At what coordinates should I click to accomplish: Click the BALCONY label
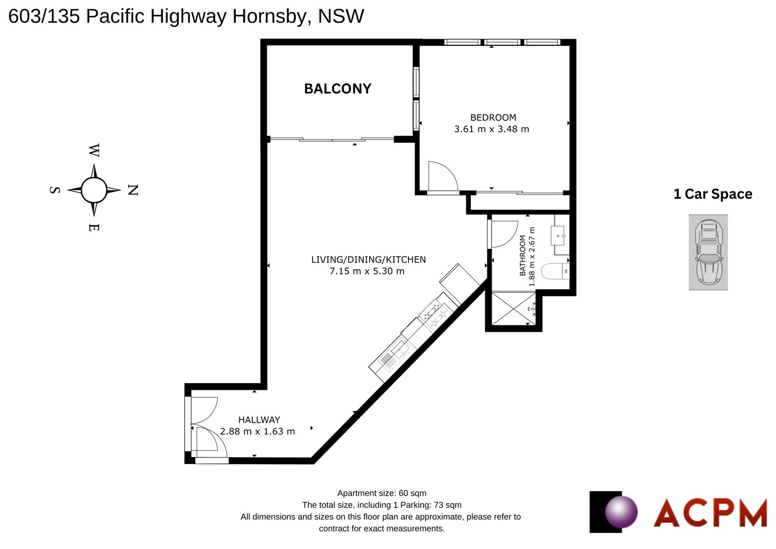click(337, 89)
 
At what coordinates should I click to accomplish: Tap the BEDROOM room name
click(493, 118)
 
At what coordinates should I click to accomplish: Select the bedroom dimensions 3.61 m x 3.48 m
click(491, 129)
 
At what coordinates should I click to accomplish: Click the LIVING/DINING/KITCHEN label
click(369, 260)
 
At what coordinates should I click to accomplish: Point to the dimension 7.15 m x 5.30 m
click(367, 271)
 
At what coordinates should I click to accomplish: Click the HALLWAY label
click(259, 420)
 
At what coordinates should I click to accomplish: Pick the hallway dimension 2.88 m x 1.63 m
click(257, 431)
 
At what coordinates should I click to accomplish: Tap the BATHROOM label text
click(523, 256)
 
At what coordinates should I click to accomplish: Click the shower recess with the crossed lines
click(513, 308)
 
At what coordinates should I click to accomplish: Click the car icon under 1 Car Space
click(709, 252)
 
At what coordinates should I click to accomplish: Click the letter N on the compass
click(133, 190)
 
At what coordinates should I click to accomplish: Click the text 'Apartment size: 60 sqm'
click(382, 493)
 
